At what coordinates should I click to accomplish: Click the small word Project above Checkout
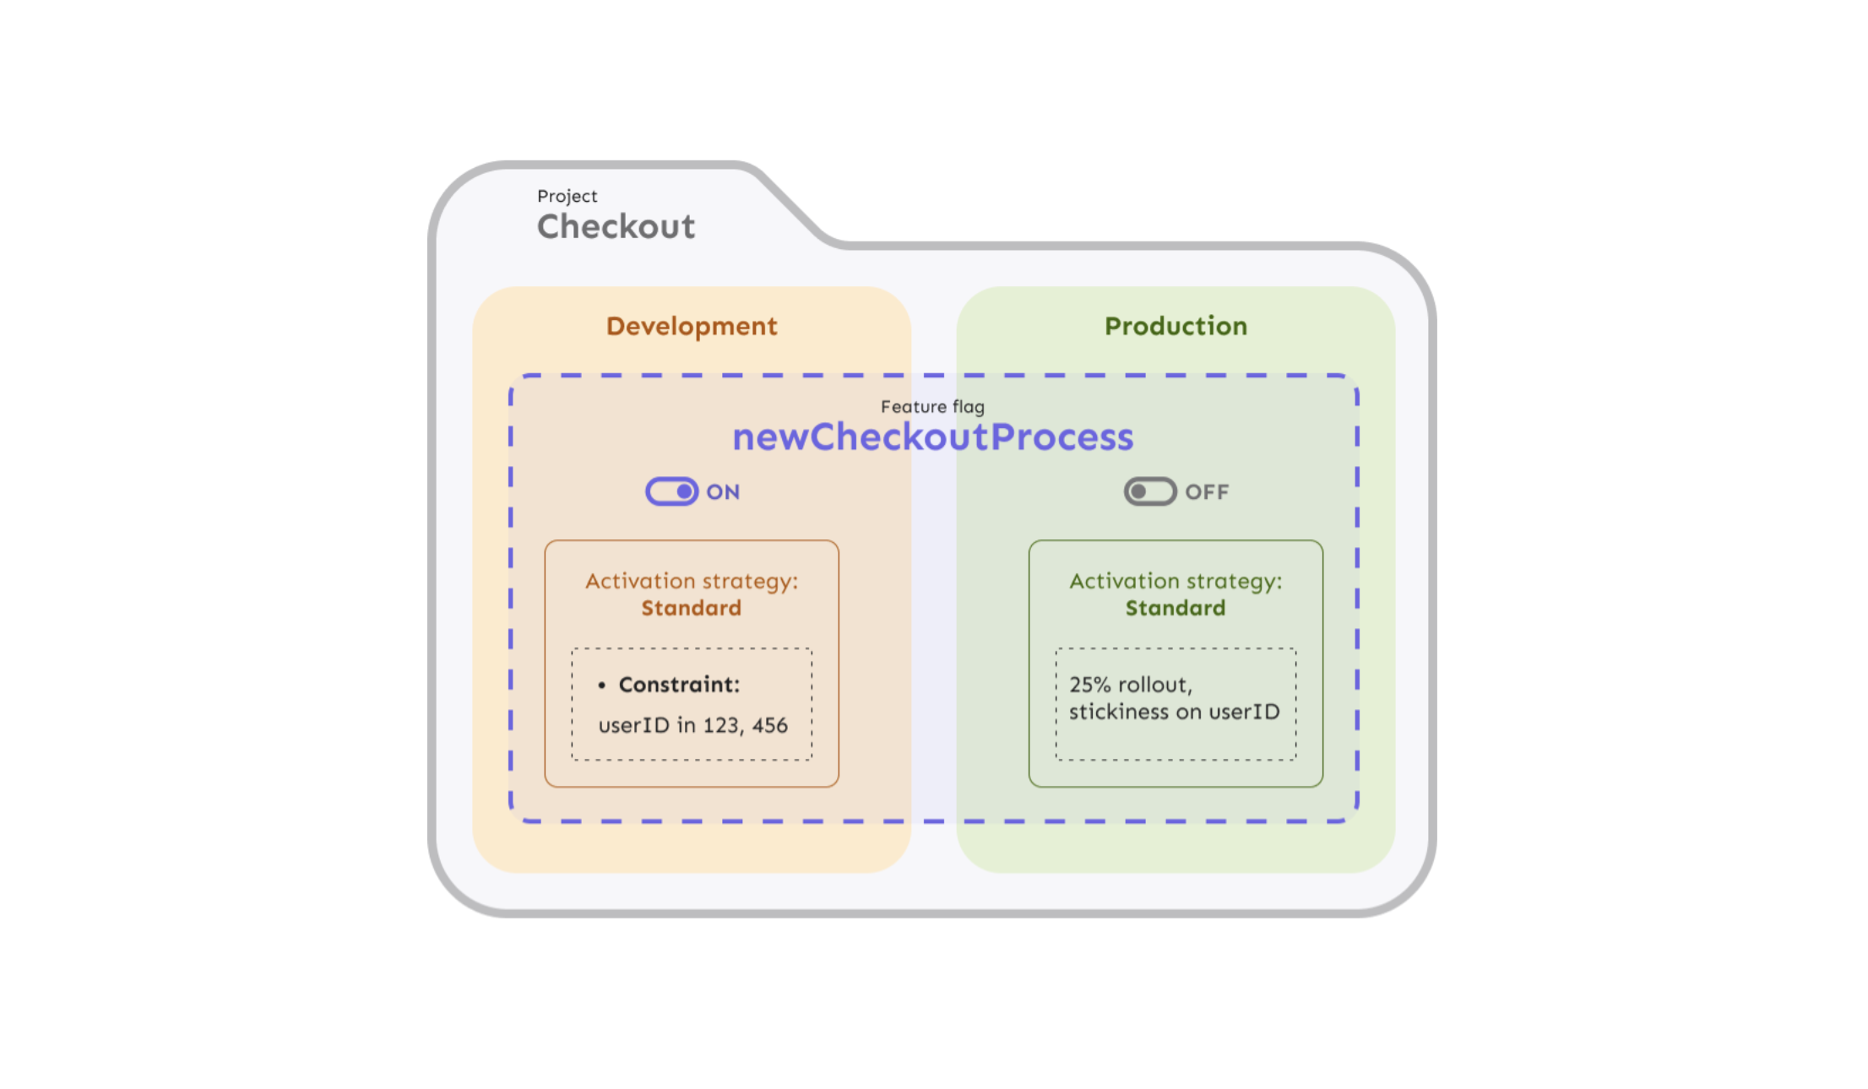coord(567,196)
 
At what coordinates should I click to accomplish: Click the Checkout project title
coord(616,226)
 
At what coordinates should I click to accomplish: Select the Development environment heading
coord(691,326)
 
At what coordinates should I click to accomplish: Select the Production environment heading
coord(1175,326)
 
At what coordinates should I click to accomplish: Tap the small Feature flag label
coord(932,407)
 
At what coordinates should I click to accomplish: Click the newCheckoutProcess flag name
coord(932,436)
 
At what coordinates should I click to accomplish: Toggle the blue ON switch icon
coord(671,491)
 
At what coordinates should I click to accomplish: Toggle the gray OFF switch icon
coord(1149,491)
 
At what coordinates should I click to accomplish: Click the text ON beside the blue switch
coord(723,492)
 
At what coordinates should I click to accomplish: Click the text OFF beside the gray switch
coord(1207,492)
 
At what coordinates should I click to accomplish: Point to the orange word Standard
coord(691,608)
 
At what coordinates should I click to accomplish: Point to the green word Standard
coord(1175,608)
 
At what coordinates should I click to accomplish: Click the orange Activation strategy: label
coord(691,581)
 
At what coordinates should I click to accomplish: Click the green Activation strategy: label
coord(1175,581)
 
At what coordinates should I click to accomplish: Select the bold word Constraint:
coord(679,685)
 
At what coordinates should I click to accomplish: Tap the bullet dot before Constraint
coord(601,685)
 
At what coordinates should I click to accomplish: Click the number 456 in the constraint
coord(769,725)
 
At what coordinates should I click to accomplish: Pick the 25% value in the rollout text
coord(1089,685)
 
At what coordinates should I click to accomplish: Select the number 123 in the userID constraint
coord(722,725)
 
